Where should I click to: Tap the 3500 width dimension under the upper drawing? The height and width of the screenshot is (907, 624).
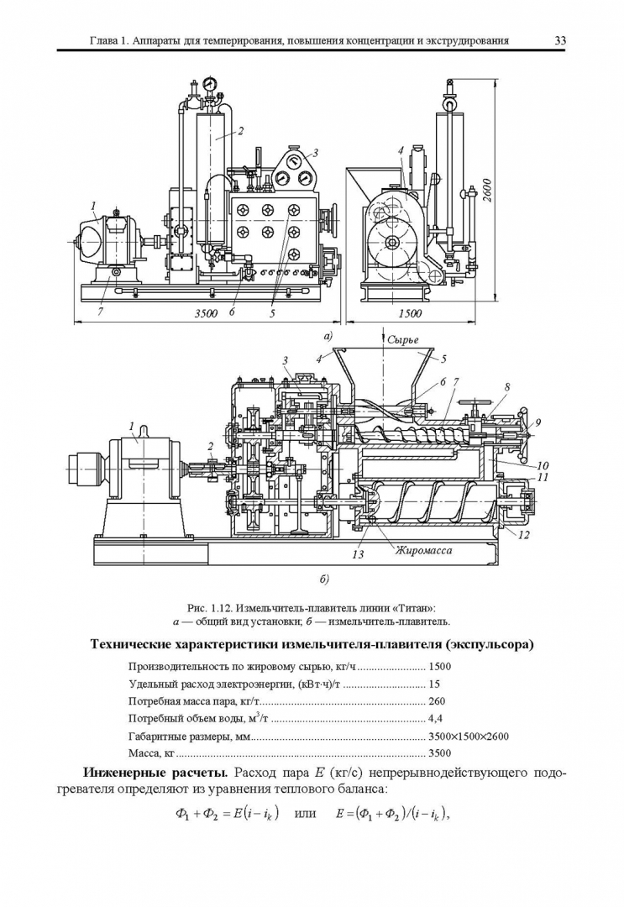point(207,313)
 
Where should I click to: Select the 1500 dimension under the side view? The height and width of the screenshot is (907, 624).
point(410,313)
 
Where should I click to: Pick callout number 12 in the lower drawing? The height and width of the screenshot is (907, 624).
point(524,533)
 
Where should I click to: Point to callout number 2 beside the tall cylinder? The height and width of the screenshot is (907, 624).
point(240,130)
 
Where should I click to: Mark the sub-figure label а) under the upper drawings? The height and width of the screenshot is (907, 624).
point(328,336)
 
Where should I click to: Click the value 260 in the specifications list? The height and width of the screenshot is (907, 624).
point(437,700)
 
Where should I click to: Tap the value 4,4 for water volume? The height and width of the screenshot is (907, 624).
point(435,718)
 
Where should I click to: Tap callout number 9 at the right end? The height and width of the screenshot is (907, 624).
point(537,421)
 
